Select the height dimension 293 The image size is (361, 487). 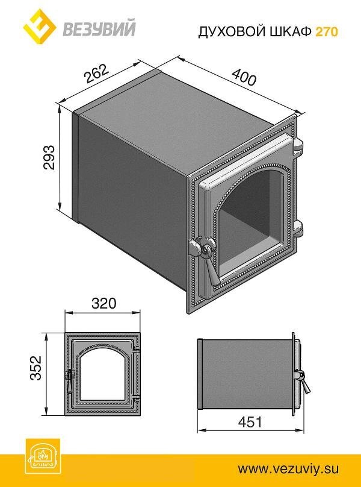click(50, 159)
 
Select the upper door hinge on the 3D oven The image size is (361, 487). click(298, 146)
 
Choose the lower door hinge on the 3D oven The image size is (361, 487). click(299, 231)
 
